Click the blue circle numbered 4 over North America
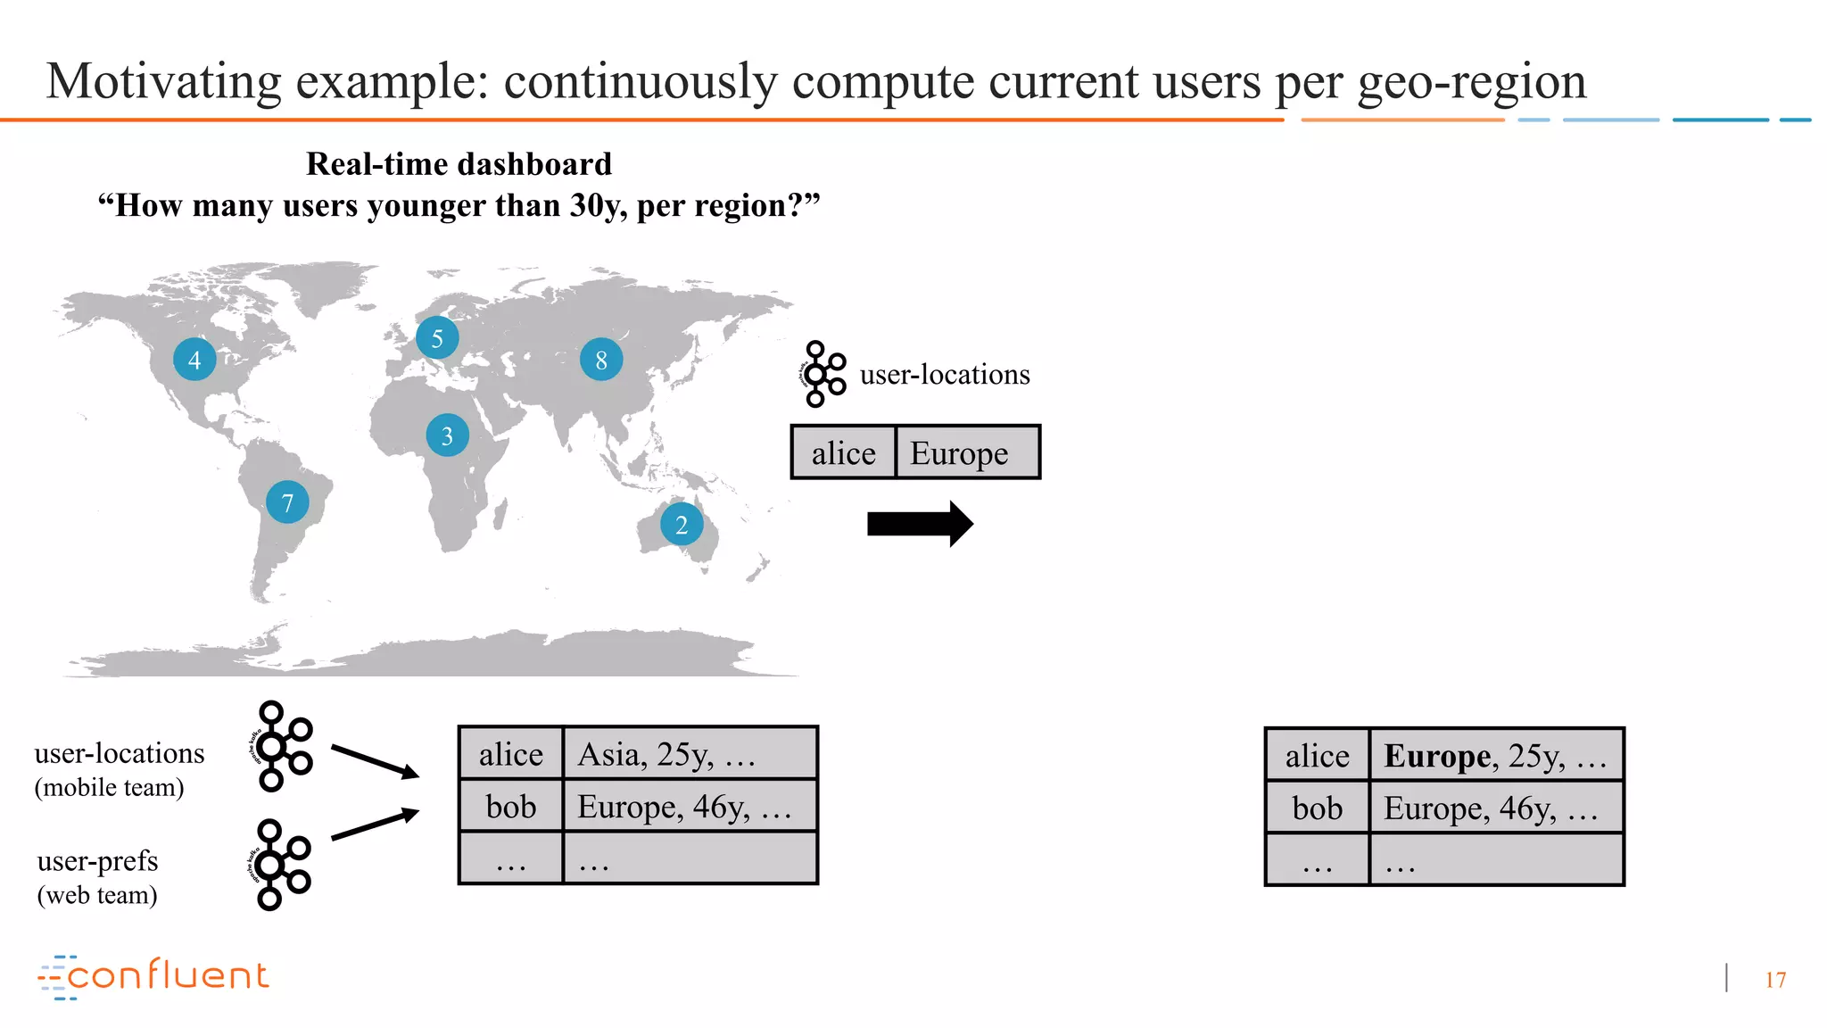tap(194, 360)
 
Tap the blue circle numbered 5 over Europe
tap(437, 338)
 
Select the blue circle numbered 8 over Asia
tap(601, 360)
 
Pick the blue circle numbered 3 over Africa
tap(448, 435)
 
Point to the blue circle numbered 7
tap(287, 503)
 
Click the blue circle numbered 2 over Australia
tap(682, 525)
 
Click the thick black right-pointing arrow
tap(920, 524)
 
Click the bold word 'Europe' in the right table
tap(1436, 756)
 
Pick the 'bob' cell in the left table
tap(511, 807)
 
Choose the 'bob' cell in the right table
tap(1317, 808)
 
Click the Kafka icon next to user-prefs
tap(278, 865)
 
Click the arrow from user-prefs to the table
tap(375, 825)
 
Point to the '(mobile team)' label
tap(109, 787)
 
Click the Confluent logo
tap(153, 976)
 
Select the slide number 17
tap(1775, 980)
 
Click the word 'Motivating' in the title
tap(163, 81)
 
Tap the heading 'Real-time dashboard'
tap(459, 164)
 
